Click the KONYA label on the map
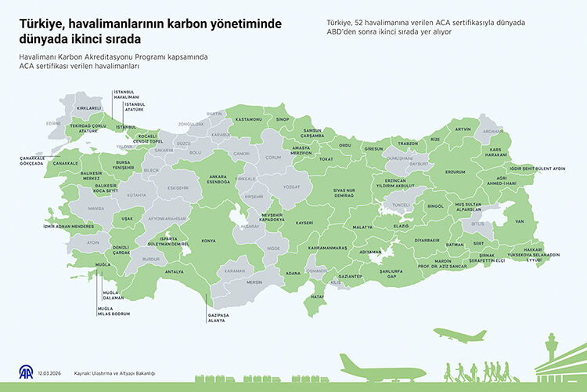209,241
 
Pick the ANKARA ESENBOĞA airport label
218,179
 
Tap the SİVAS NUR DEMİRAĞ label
345,193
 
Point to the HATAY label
318,297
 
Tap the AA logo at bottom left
26,371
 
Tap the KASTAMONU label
248,119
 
